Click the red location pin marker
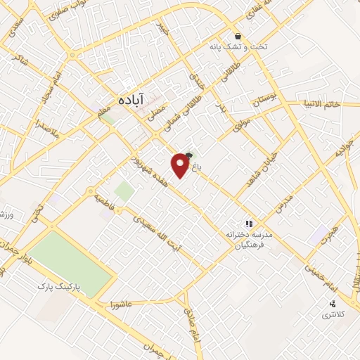tap(181, 165)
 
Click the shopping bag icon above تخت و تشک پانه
tap(239, 36)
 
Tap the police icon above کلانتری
tap(333, 304)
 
